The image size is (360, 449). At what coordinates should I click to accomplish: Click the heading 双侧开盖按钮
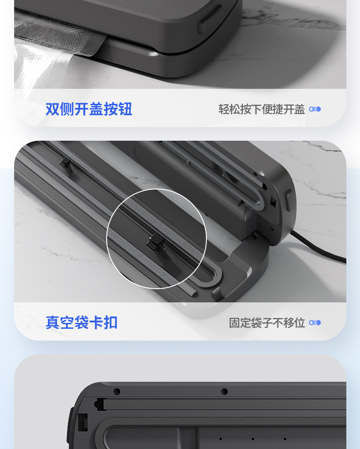point(89,109)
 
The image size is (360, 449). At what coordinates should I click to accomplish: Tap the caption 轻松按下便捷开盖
point(262,109)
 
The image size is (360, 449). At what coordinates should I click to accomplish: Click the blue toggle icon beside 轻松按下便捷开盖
point(315,109)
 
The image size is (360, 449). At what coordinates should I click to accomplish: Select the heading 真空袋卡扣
point(82,322)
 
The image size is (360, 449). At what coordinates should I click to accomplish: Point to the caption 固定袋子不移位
point(267,323)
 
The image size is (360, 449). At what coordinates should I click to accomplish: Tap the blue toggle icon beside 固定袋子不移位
point(315,323)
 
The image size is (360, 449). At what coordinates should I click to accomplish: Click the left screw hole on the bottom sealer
point(117,391)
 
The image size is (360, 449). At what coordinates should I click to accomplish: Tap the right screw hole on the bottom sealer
point(224,391)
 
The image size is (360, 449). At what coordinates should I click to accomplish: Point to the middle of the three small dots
point(252,439)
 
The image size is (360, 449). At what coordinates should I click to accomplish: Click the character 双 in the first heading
point(52,109)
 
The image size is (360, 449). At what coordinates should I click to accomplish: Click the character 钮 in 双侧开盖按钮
point(125,109)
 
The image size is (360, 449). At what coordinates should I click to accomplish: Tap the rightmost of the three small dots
point(285,439)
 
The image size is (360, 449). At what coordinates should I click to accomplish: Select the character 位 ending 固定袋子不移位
point(299,323)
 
